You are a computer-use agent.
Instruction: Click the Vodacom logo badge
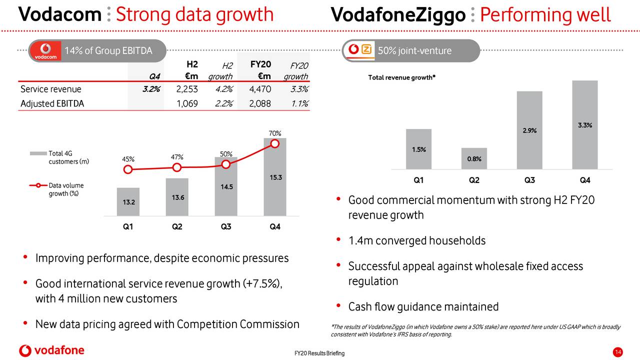pos(45,51)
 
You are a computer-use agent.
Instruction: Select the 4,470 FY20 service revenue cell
pos(260,89)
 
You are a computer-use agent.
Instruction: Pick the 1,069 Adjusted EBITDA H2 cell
pos(187,103)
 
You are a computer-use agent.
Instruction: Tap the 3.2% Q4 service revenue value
pos(150,89)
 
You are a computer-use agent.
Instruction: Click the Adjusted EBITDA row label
pos(52,103)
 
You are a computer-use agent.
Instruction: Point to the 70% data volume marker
pos(274,144)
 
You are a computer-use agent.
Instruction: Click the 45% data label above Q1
pos(128,159)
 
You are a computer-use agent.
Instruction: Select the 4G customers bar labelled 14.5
pos(225,187)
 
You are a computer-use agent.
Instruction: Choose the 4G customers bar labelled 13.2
pos(128,202)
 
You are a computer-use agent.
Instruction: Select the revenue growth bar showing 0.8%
pos(474,158)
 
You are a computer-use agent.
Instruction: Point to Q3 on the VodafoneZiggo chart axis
pos(529,180)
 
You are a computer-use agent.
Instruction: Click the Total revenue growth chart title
pos(401,78)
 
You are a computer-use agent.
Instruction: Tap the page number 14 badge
pos(617,353)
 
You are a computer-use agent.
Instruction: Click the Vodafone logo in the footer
pos(51,350)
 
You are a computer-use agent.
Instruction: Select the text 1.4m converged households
pos(416,241)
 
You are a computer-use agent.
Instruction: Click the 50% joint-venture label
pos(414,51)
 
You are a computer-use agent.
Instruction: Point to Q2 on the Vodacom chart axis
pos(177,226)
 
